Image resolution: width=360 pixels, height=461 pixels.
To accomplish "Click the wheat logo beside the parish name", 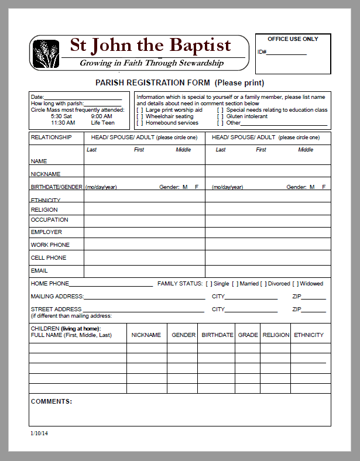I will pyautogui.click(x=46, y=53).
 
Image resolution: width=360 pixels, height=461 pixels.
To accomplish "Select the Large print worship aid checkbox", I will pyautogui.click(x=139, y=110).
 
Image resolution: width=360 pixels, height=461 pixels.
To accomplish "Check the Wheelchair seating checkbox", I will pyautogui.click(x=139, y=116).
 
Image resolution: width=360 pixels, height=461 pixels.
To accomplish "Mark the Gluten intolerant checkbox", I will pyautogui.click(x=220, y=116).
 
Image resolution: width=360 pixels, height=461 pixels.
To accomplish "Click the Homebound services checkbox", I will pyautogui.click(x=139, y=123).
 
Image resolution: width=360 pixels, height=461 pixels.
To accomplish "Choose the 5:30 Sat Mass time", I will pyautogui.click(x=61, y=116).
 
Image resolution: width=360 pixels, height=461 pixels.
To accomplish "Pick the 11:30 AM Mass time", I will pyautogui.click(x=63, y=123).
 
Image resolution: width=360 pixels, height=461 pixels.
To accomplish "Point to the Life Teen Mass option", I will pyautogui.click(x=102, y=123).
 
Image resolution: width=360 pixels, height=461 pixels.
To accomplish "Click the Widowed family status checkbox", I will pyautogui.click(x=296, y=284).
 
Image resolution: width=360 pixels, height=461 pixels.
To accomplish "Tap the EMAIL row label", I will pyautogui.click(x=39, y=271).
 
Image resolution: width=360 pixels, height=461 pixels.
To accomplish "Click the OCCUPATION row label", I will pyautogui.click(x=49, y=220).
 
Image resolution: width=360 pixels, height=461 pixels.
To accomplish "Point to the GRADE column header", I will pyautogui.click(x=248, y=335).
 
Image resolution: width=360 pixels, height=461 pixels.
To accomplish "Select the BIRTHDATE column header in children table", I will pyautogui.click(x=217, y=335).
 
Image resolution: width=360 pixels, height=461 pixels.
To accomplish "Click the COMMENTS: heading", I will pyautogui.click(x=52, y=402).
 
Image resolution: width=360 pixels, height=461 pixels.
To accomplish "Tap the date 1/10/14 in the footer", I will pyautogui.click(x=39, y=434).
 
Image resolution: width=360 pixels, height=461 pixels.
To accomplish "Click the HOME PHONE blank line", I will pyautogui.click(x=111, y=285).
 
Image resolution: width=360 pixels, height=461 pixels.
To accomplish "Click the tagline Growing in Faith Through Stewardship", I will pyautogui.click(x=152, y=63).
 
